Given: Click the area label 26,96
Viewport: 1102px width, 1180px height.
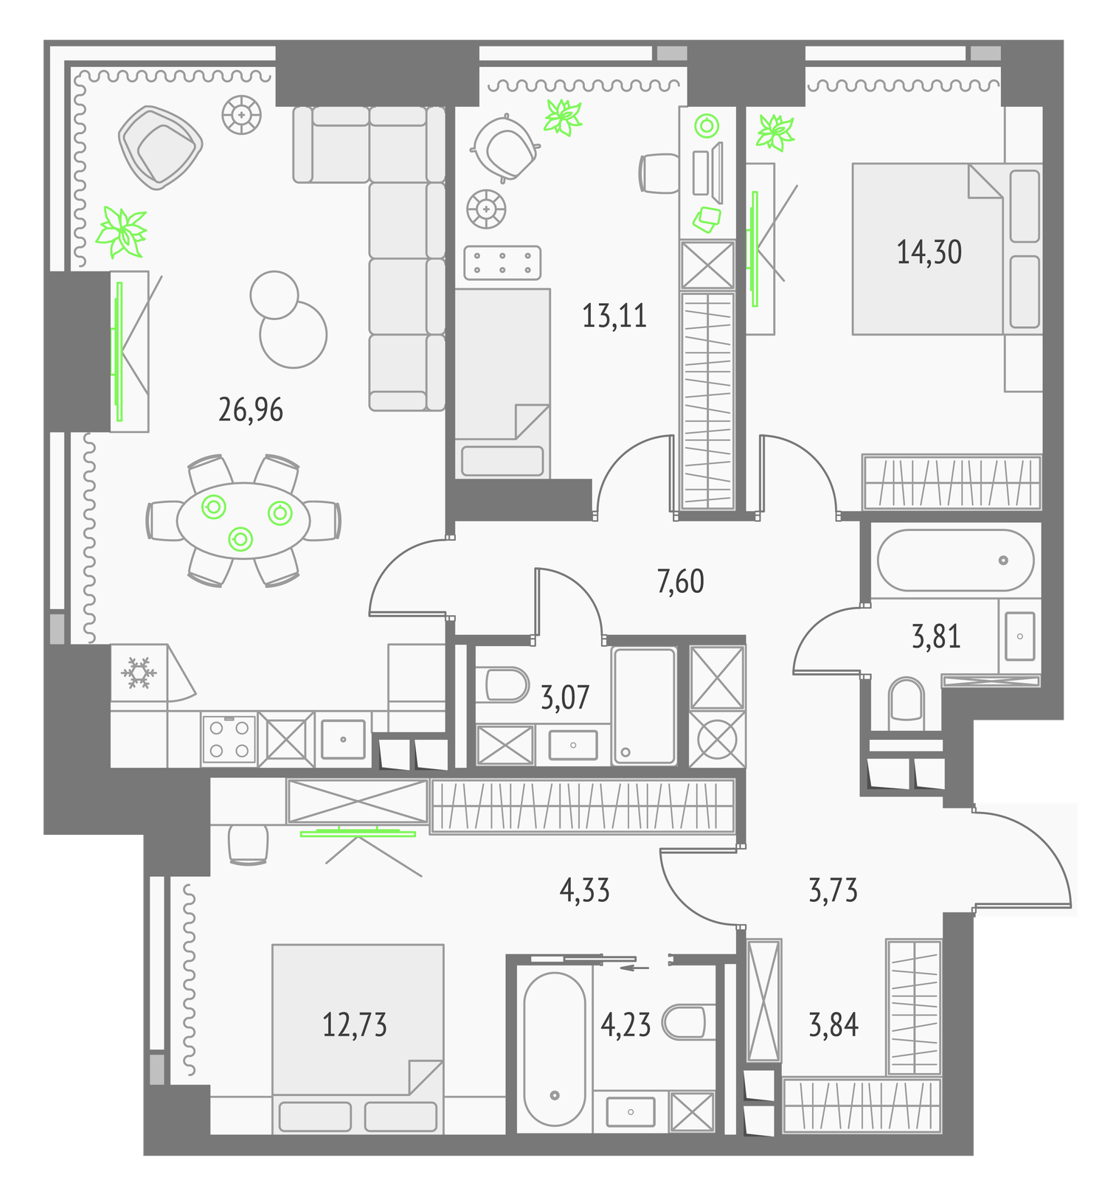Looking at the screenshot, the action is (x=251, y=410).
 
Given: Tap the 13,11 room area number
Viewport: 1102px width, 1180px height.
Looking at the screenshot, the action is (x=614, y=316).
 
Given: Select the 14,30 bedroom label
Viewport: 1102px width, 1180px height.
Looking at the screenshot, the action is (x=929, y=252).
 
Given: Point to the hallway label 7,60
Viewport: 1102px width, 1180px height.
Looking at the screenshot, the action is (x=680, y=582).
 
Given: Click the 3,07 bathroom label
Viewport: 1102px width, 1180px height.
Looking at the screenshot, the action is (x=565, y=697).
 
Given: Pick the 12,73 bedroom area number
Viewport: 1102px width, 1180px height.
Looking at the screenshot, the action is (x=355, y=1025).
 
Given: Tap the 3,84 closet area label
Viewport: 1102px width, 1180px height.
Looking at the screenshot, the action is (x=834, y=1025).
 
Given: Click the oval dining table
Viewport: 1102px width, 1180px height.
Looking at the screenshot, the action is (x=243, y=521).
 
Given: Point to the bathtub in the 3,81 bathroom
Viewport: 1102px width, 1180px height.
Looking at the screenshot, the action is (x=955, y=560).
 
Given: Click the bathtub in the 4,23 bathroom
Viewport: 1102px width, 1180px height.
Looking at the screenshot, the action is (x=554, y=1048).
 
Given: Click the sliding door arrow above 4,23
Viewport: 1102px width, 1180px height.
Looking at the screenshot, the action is (x=634, y=968).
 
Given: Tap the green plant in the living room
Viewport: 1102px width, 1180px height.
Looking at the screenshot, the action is (x=122, y=232).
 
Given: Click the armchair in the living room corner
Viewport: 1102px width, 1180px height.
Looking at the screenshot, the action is (x=160, y=147).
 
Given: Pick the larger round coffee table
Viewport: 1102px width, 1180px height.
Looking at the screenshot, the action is (x=293, y=334).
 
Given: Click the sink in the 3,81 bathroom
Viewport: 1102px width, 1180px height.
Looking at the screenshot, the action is (x=1020, y=636).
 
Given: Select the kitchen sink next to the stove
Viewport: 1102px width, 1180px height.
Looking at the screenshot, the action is (x=343, y=739).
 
